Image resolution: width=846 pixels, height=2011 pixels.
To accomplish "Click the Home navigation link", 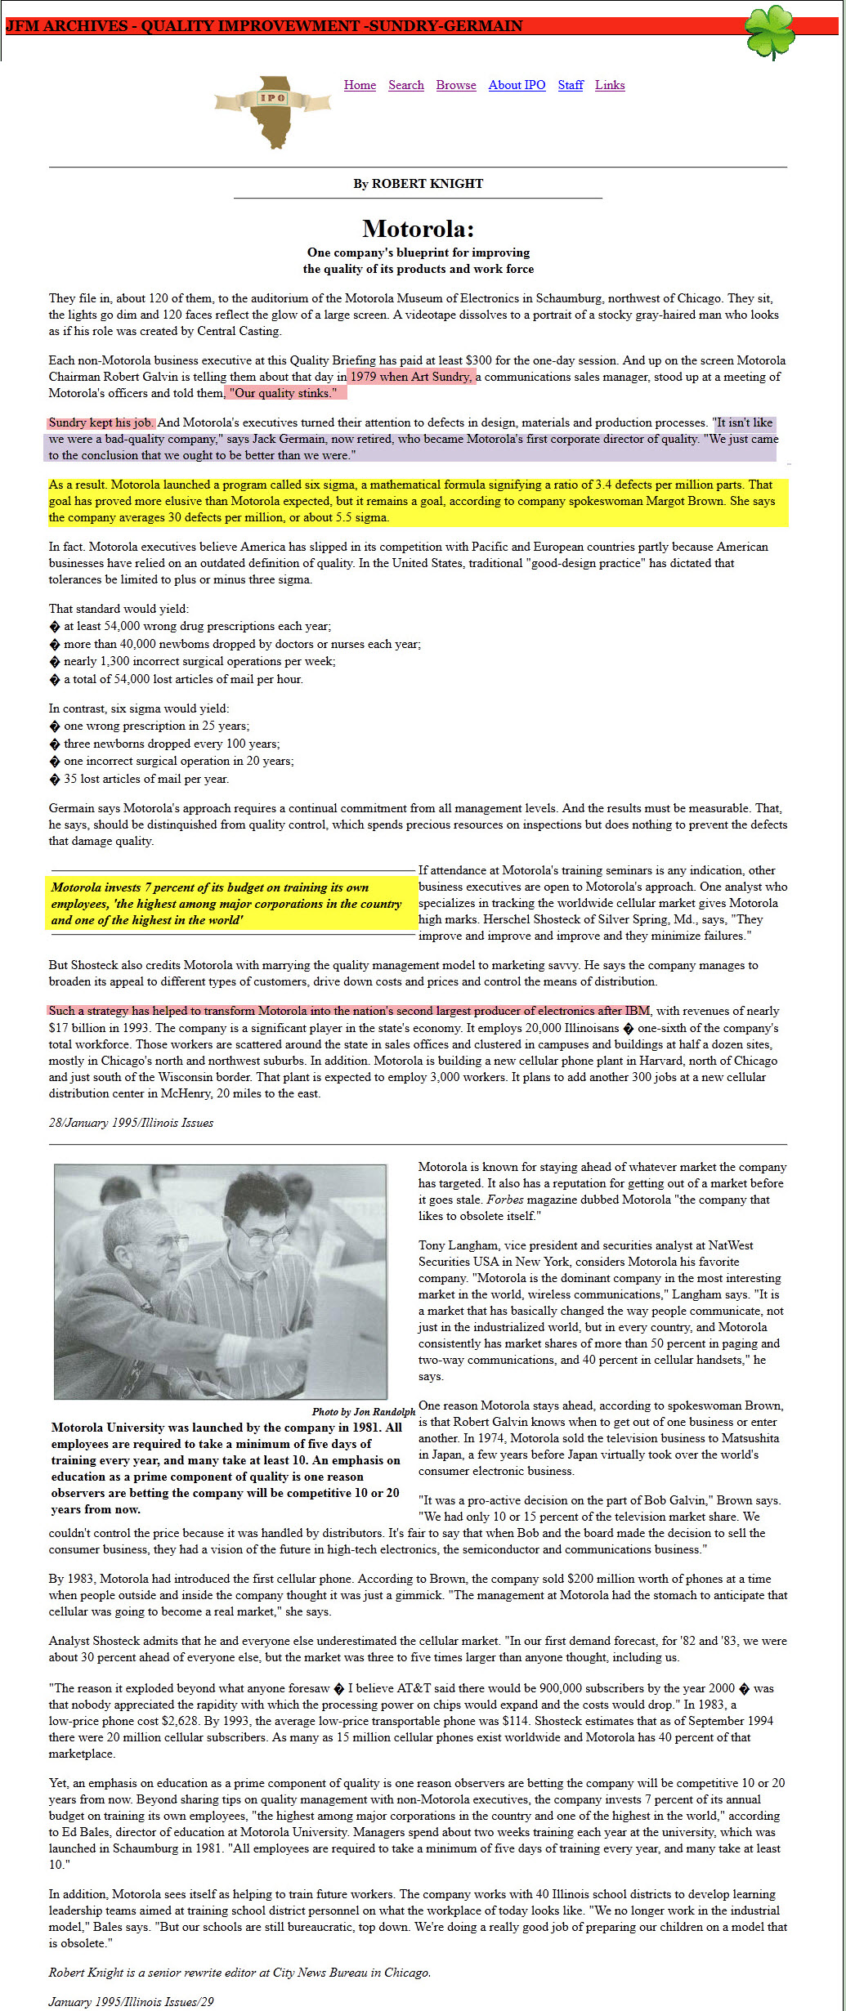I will [x=360, y=85].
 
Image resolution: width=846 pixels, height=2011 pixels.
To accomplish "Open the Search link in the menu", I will [x=406, y=85].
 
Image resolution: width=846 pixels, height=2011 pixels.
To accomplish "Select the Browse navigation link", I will [x=456, y=85].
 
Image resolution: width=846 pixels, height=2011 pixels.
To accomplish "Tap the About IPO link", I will [x=517, y=85].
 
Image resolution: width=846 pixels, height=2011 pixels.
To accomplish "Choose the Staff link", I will [x=571, y=85].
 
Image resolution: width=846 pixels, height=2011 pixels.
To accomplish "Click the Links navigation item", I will [x=610, y=85].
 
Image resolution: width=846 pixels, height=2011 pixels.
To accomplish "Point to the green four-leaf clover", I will [x=769, y=30].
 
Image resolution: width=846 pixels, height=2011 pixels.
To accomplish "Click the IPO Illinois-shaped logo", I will [x=273, y=111].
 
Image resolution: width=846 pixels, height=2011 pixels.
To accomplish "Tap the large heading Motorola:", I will [x=418, y=228].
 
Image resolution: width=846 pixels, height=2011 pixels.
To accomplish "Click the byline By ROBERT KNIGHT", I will [x=418, y=183].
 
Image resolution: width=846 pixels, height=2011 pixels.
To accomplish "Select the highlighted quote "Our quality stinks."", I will [x=283, y=393].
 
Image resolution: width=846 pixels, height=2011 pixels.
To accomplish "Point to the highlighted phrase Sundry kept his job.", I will [x=101, y=422].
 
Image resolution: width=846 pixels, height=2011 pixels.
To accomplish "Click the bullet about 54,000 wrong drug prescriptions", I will [x=197, y=626].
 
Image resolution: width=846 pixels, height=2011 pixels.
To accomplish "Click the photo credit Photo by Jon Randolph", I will [x=363, y=1411].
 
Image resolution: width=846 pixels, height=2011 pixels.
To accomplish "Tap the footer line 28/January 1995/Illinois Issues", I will [x=131, y=1123].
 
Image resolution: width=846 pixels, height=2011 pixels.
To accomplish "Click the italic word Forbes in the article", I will [x=506, y=1200].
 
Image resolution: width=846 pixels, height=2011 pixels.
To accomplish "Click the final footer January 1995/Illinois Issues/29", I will [x=131, y=2001].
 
